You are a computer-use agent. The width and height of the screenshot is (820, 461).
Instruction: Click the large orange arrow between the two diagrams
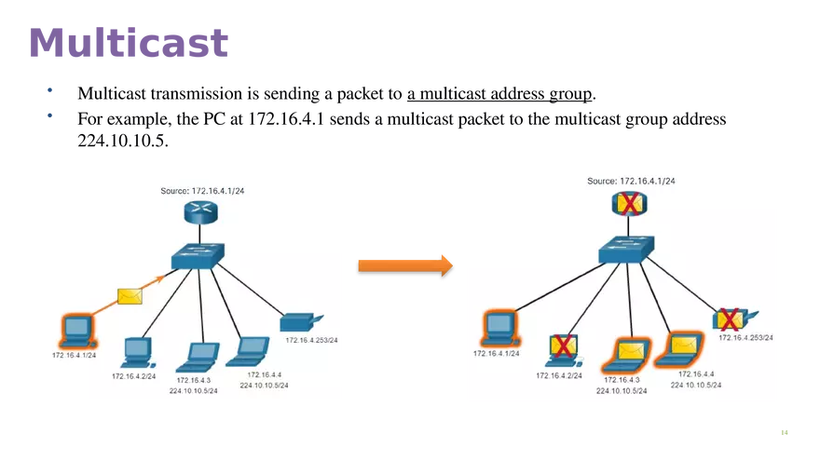[x=404, y=264]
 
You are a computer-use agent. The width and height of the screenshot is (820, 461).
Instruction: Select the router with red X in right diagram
[x=630, y=203]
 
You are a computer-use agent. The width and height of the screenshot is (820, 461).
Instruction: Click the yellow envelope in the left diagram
[x=130, y=296]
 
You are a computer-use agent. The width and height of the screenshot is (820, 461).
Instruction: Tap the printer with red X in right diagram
[x=733, y=319]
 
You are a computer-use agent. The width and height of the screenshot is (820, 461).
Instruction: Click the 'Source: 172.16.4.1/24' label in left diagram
[x=202, y=190]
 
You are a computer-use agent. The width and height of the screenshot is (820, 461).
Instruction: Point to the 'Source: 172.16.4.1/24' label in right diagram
[x=631, y=181]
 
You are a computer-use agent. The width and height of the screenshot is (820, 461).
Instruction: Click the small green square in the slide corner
[x=783, y=431]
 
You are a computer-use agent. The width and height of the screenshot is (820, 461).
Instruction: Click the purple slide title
[x=130, y=41]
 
